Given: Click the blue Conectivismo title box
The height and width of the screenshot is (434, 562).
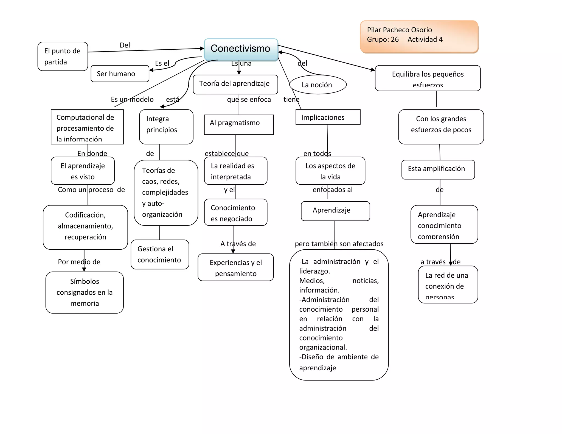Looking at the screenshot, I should [241, 49].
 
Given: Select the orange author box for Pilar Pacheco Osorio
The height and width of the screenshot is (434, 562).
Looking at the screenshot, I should [419, 36].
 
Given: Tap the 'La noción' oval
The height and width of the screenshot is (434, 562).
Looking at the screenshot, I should [318, 84].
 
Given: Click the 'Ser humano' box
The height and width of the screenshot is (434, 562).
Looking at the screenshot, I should [120, 74].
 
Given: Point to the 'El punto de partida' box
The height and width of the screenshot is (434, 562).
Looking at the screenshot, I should [63, 56].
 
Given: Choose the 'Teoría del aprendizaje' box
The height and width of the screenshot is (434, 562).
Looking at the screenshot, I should [235, 84].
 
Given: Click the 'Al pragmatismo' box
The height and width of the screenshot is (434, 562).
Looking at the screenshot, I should [239, 125].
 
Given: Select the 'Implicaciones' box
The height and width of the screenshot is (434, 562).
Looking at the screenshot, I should [328, 117].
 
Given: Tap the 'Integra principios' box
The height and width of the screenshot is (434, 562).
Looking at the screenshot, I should [166, 126].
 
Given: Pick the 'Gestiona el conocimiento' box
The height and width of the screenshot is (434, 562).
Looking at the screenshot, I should [160, 254].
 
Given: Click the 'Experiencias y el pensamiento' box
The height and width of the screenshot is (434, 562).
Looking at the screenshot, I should [235, 267].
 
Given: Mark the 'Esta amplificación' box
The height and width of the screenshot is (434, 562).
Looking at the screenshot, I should [438, 169].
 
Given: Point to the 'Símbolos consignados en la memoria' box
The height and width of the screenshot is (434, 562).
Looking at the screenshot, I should [85, 292].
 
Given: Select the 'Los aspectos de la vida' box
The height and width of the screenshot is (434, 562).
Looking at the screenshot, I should [330, 171].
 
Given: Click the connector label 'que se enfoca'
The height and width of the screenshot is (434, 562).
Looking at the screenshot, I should [249, 99].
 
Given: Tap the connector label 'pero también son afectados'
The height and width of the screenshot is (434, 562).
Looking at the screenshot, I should [339, 244].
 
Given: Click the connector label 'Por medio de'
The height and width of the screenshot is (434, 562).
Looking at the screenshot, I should [79, 262].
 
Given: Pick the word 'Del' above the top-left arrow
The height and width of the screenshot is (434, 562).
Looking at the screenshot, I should [125, 45].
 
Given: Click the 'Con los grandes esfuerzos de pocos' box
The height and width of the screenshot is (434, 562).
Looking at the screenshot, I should [441, 126].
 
